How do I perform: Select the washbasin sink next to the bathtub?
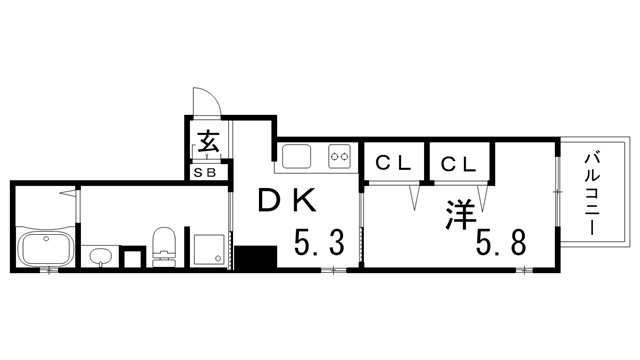[x=97, y=257]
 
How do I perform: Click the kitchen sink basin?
[x=296, y=156]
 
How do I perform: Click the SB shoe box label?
[x=208, y=173]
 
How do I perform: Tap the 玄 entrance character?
[x=208, y=143]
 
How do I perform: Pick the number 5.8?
[x=500, y=243]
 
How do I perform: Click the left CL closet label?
[x=393, y=160]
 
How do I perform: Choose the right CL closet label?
[x=460, y=160]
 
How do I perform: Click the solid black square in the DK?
[x=255, y=257]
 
